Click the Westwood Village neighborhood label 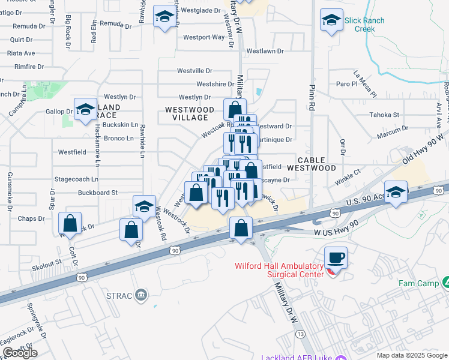point(190,114)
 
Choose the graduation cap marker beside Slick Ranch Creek point(331,20)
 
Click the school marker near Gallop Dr point(85,110)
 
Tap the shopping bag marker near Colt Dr point(71,223)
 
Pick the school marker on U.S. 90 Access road point(396,193)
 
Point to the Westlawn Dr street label point(265,52)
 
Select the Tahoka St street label point(384,115)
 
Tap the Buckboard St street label point(98,193)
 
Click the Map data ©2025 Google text point(411,355)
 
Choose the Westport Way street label point(204,37)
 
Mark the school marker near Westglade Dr point(163,17)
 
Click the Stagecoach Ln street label point(76,179)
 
